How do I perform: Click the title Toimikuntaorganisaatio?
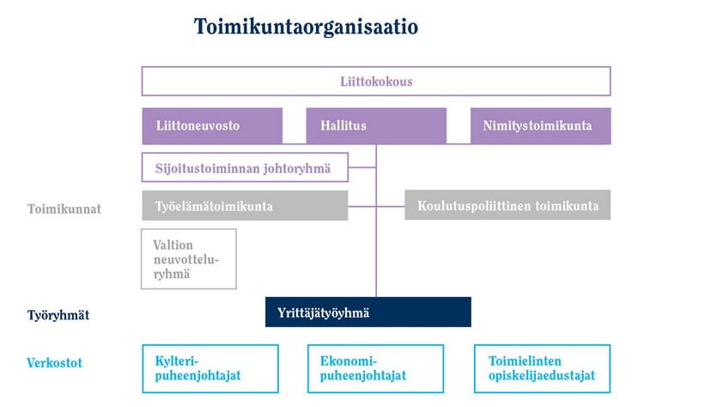coord(306,27)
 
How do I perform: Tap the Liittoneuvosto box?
coord(212,126)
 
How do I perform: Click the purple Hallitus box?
coord(376,126)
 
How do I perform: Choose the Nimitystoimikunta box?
coord(540,126)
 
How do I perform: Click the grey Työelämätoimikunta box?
coord(245,205)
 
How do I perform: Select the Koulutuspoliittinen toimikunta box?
coord(507,205)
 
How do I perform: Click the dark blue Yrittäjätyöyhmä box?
coord(368,312)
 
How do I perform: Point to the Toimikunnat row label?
coord(64,209)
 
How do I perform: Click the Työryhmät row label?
coord(58,315)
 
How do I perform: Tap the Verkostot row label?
coord(54,362)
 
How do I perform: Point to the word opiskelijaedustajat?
coord(542,375)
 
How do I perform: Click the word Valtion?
coord(173,245)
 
